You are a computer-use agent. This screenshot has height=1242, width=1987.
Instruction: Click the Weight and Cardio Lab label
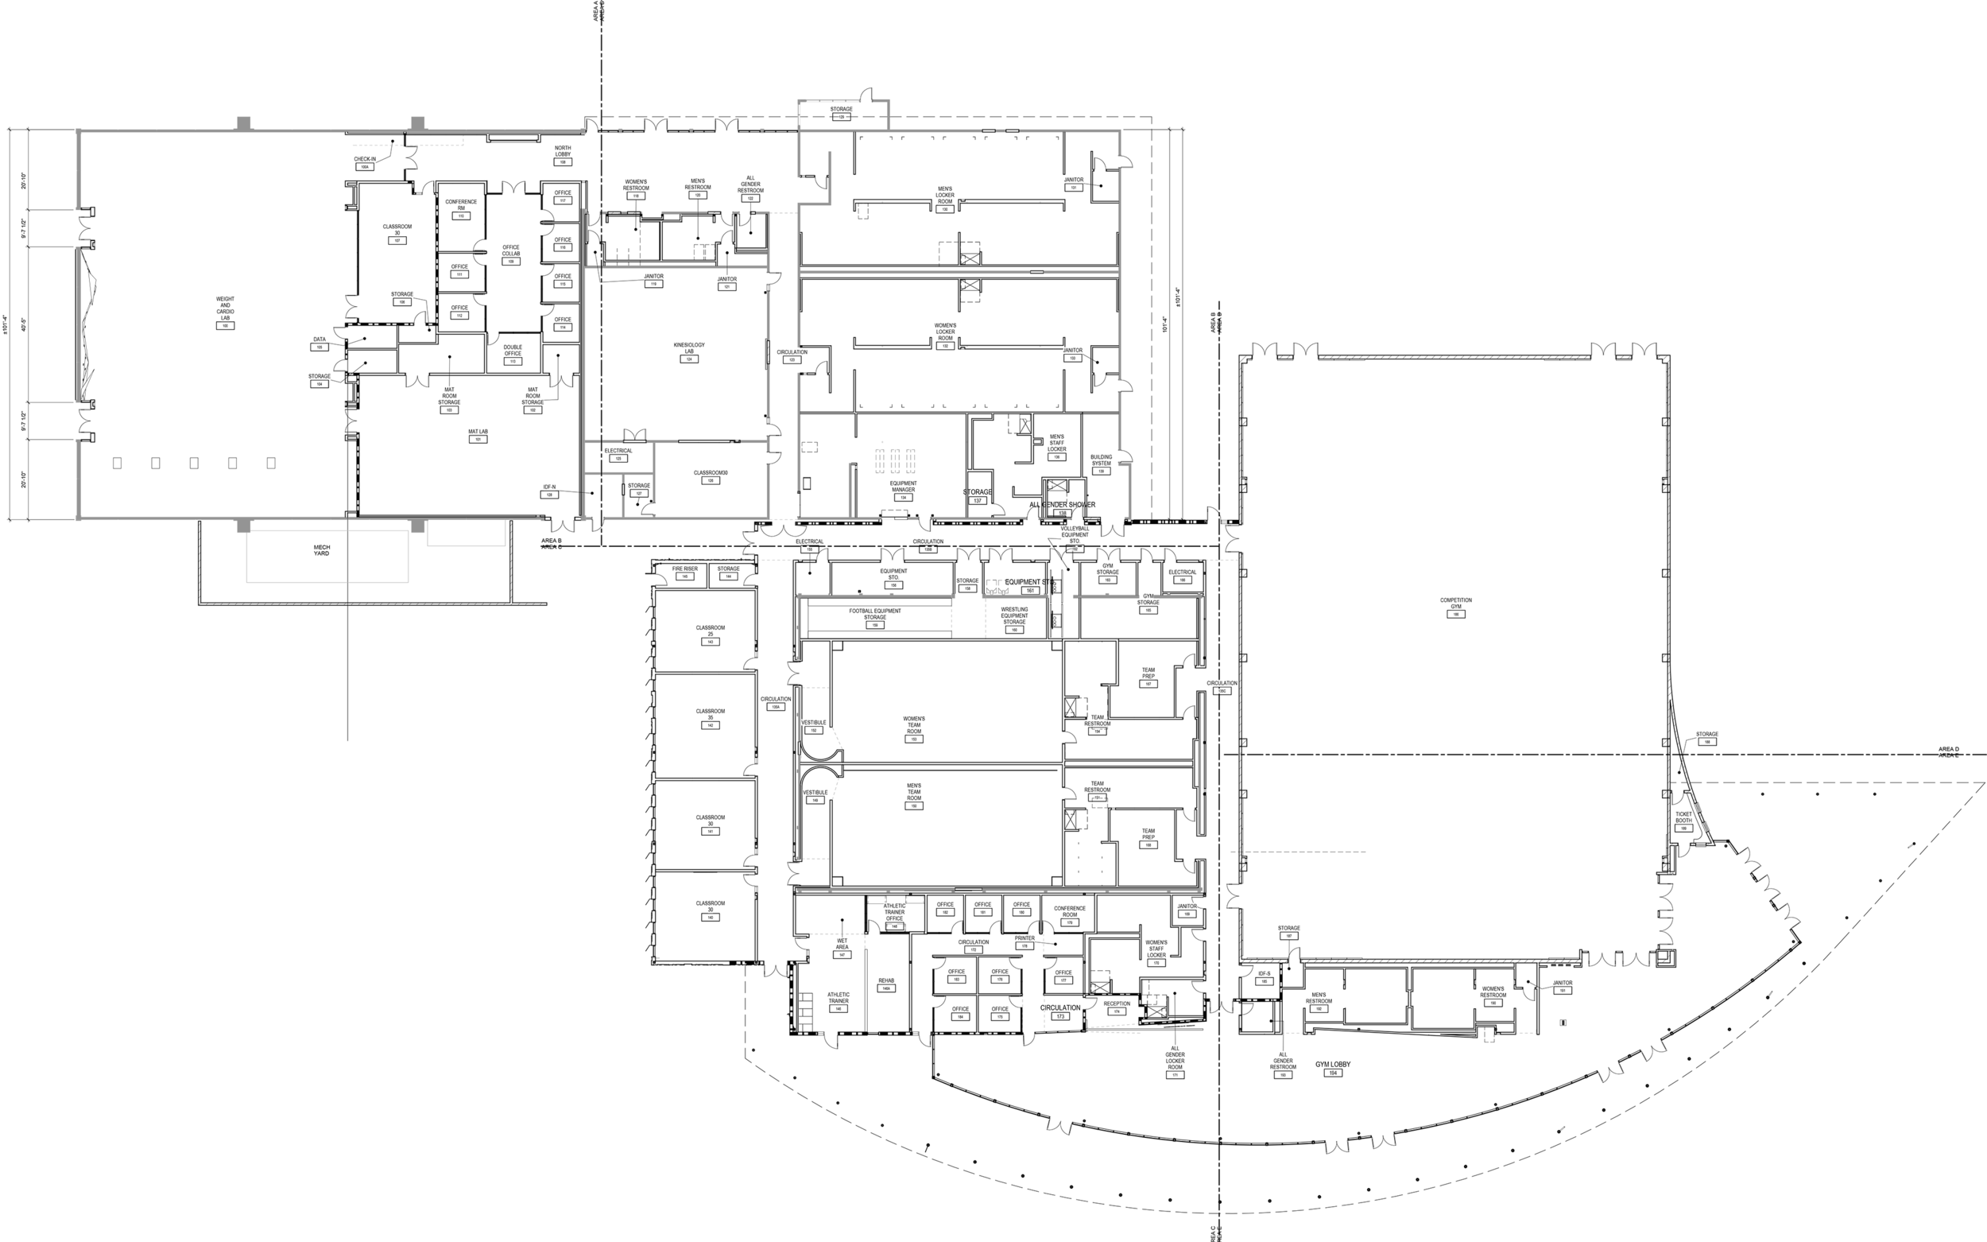pos(225,309)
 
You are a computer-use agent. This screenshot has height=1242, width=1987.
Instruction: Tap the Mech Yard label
pos(322,550)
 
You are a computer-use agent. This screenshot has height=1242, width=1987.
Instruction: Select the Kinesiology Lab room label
pos(689,348)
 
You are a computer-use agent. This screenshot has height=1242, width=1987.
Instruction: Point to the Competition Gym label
pos(1456,604)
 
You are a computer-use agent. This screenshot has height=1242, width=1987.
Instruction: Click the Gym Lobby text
pos(1333,1065)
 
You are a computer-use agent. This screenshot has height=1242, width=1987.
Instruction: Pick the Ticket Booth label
pos(1683,817)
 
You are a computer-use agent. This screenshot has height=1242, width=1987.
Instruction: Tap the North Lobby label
pos(563,151)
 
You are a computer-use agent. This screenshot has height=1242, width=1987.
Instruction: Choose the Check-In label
pos(365,159)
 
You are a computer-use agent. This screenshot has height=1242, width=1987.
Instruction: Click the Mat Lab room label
pos(478,432)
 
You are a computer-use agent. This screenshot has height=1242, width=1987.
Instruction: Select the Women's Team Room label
pos(914,725)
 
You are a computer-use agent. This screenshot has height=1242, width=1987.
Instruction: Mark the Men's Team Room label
pos(914,792)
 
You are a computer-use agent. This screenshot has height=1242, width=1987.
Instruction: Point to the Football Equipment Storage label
pos(874,615)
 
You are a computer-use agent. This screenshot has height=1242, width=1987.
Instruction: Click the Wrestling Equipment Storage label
pos(1014,616)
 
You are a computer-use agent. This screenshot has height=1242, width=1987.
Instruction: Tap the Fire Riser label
pos(685,569)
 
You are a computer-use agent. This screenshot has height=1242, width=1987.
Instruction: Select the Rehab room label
pos(886,980)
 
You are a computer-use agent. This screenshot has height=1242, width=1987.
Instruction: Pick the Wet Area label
pos(842,944)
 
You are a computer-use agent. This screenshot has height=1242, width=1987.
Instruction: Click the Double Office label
pos(513,350)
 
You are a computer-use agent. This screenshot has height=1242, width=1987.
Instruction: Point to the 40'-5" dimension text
pos(25,324)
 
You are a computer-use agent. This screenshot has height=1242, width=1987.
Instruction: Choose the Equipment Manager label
pos(903,487)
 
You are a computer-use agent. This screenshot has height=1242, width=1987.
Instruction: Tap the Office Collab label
pos(511,250)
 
